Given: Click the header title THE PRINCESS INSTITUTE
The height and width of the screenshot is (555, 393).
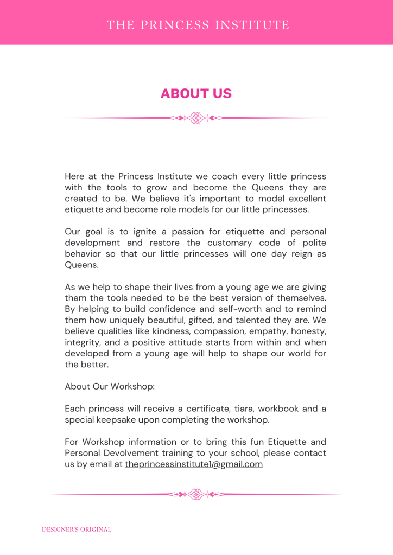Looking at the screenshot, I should (x=198, y=25).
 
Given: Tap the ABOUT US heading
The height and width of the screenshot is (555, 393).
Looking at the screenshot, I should (x=196, y=93).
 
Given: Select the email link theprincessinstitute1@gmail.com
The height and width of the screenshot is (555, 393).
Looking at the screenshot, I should (x=194, y=464).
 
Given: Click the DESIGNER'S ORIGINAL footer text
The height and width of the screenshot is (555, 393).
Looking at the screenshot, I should (x=77, y=529).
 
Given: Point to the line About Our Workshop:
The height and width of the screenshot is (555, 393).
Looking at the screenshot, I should (x=110, y=386).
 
